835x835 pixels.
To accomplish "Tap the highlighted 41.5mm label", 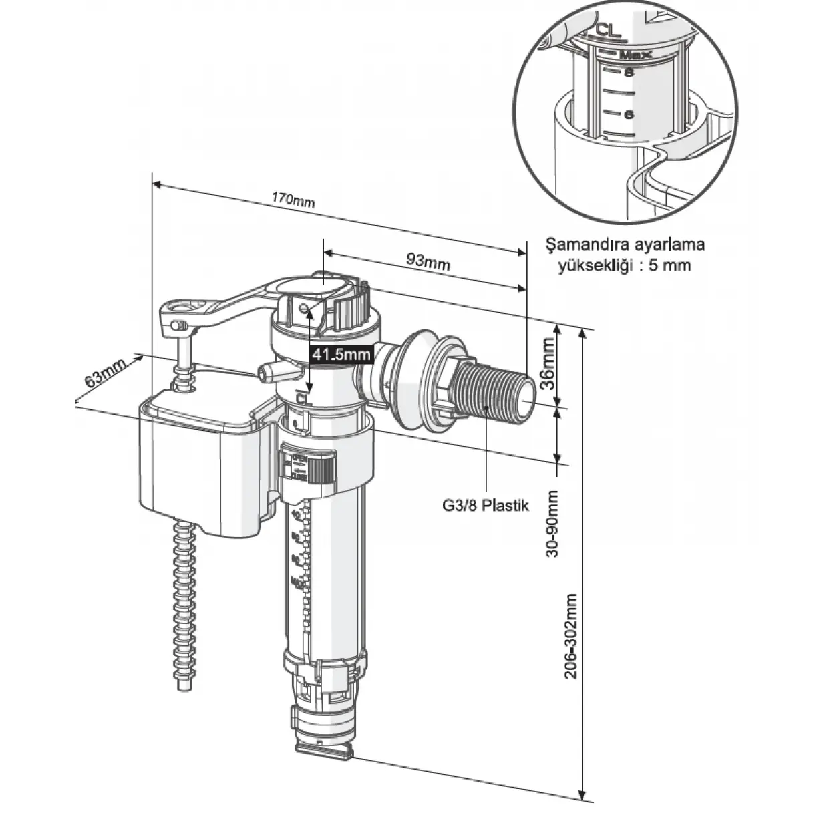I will (x=341, y=355).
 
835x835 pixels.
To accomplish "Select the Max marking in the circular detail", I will (x=635, y=54).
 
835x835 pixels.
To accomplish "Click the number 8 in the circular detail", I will (x=627, y=73).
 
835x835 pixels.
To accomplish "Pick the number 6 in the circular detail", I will (x=628, y=114).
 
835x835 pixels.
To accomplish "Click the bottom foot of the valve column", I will (x=325, y=747).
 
